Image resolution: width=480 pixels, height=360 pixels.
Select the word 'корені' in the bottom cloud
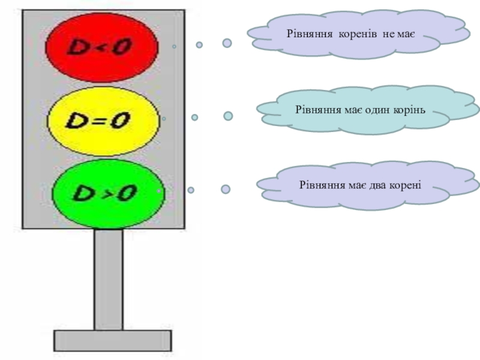[407, 184]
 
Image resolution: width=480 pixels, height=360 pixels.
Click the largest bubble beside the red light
[227, 43]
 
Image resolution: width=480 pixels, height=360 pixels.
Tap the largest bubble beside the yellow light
[229, 116]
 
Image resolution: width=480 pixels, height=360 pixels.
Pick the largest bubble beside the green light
[226, 189]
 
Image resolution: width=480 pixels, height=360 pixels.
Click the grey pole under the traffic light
[109, 279]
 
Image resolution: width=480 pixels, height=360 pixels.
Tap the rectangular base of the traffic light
[113, 340]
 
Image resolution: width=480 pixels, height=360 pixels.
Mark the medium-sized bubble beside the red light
[199, 44]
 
